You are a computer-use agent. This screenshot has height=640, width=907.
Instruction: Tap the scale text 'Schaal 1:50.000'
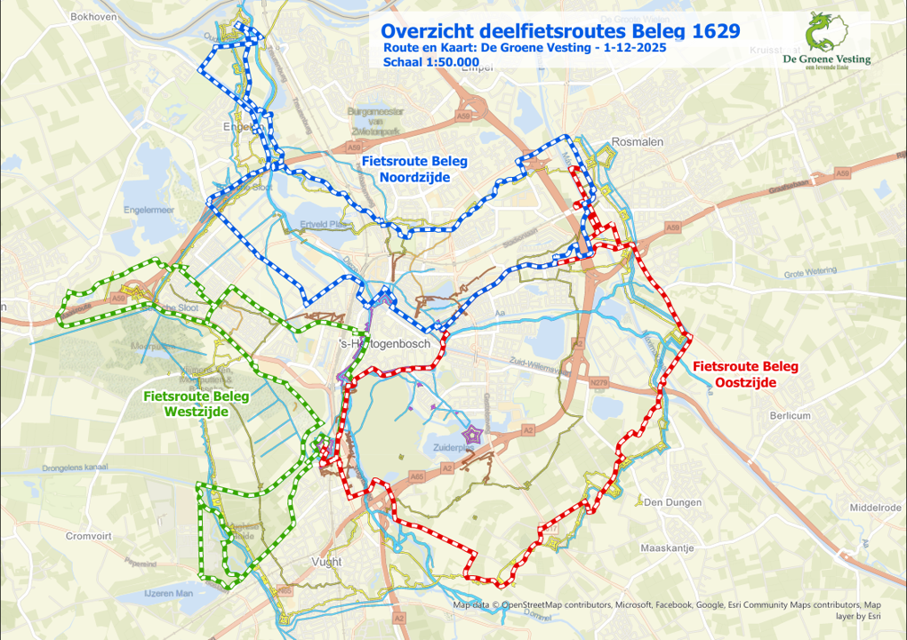(x=431, y=62)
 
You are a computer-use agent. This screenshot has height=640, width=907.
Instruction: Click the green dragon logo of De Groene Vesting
(x=823, y=33)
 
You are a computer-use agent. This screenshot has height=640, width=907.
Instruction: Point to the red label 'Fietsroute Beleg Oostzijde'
(x=745, y=374)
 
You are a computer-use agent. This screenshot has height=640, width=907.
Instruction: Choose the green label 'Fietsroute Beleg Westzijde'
(x=196, y=404)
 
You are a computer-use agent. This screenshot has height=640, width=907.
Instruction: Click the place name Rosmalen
(x=633, y=141)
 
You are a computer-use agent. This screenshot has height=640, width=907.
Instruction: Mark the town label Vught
(x=327, y=561)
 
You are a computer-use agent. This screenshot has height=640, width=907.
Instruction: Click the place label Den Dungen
(x=667, y=502)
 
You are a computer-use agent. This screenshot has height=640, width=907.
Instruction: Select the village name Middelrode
(x=875, y=508)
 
